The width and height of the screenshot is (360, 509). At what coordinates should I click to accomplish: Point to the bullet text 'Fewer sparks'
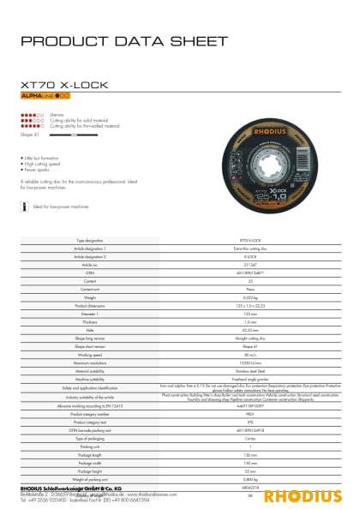[38, 170]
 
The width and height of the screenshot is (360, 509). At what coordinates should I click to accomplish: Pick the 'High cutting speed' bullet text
[43, 165]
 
